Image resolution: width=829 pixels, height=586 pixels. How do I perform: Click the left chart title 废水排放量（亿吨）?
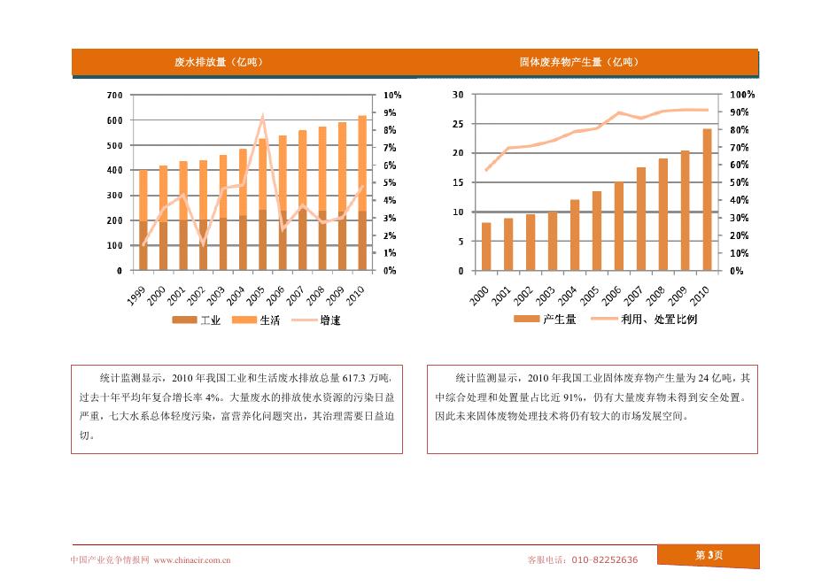click(x=218, y=62)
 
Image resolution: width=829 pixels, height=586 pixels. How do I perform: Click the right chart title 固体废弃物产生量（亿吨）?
click(x=578, y=62)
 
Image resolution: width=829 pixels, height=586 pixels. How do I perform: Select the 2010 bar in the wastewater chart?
click(x=361, y=193)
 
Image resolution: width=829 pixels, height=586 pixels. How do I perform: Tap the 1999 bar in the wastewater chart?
click(x=143, y=221)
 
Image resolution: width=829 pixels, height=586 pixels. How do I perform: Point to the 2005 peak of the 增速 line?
click(x=262, y=116)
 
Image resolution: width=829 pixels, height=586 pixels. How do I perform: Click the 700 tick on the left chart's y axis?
click(x=114, y=95)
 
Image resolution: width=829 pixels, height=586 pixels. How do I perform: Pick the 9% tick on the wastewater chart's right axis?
click(x=391, y=112)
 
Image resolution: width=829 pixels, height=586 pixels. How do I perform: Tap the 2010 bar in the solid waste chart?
click(x=707, y=200)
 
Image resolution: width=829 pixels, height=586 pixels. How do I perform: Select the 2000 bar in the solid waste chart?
click(x=486, y=247)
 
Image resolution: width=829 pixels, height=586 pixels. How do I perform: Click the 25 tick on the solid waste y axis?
click(x=458, y=124)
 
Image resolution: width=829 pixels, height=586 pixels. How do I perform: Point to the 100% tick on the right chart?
click(x=742, y=95)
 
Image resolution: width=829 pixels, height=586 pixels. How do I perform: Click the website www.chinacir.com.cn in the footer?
click(x=192, y=559)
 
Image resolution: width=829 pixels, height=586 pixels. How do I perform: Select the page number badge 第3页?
click(x=709, y=555)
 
